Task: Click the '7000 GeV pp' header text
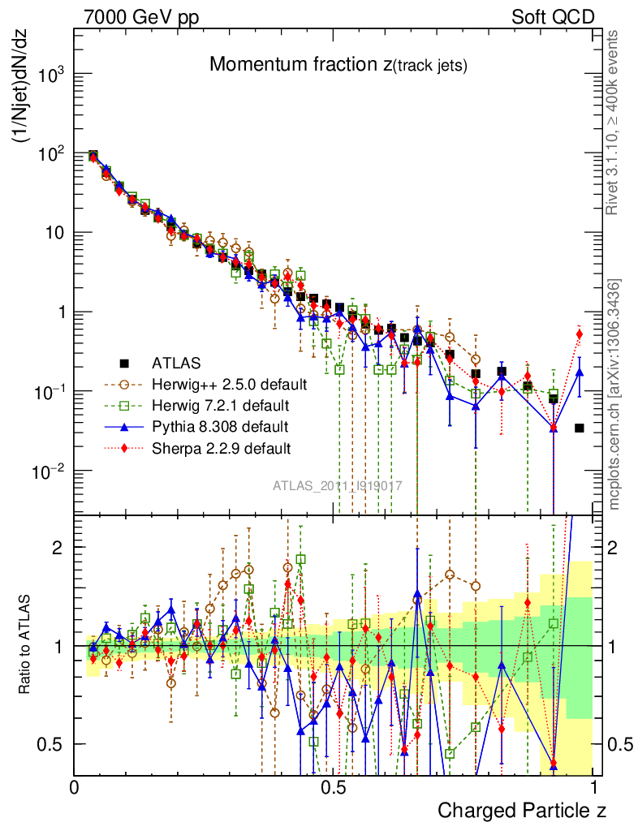(x=141, y=17)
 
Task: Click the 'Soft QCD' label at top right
(x=553, y=17)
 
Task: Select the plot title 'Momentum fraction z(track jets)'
(x=338, y=65)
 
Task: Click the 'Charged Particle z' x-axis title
(x=522, y=810)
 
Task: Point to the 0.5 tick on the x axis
(x=334, y=787)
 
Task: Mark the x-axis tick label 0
(x=74, y=787)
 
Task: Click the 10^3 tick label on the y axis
(x=50, y=75)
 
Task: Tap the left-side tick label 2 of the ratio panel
(x=59, y=547)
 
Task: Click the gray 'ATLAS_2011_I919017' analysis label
(x=337, y=486)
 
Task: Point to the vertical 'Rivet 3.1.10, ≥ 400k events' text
(x=613, y=122)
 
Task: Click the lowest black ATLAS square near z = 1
(x=580, y=428)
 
